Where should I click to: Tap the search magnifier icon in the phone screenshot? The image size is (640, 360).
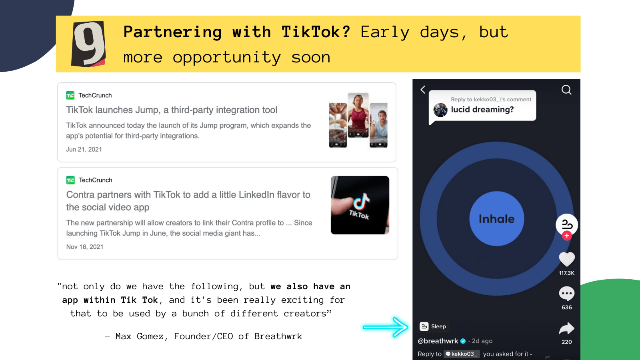click(x=566, y=90)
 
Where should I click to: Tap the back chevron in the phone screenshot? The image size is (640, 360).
click(x=423, y=90)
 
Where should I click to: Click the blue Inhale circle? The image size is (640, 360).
click(x=496, y=218)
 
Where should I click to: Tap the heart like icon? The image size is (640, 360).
click(x=566, y=259)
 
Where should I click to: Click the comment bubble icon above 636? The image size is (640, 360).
click(x=566, y=294)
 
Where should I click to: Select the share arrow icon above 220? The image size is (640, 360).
click(x=566, y=328)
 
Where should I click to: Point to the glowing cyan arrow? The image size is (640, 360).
click(x=386, y=327)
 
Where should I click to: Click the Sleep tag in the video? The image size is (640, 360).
click(x=433, y=326)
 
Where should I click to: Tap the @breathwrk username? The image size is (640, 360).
click(x=438, y=341)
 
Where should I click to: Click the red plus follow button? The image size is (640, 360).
click(x=567, y=236)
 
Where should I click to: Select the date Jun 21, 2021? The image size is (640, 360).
click(x=84, y=150)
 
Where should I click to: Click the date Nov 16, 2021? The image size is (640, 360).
click(x=84, y=247)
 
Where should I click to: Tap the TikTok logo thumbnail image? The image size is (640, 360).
click(x=360, y=205)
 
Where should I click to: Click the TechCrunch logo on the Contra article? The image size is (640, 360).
click(x=70, y=180)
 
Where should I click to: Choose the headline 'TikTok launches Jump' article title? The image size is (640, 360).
click(x=172, y=110)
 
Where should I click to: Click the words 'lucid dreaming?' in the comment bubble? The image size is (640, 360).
click(x=482, y=110)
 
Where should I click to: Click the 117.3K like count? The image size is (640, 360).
click(x=566, y=273)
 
